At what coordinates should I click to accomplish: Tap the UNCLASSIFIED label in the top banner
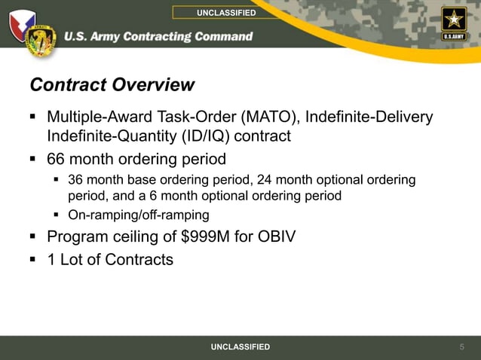[x=226, y=13]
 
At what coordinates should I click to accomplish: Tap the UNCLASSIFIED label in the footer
[x=240, y=346]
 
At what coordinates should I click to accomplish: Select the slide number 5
[x=462, y=346]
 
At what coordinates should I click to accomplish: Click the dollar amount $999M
[x=208, y=237]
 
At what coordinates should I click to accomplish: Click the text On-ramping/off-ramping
[x=139, y=215]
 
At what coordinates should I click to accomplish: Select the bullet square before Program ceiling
[x=33, y=237]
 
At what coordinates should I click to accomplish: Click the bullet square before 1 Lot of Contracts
[x=33, y=260]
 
